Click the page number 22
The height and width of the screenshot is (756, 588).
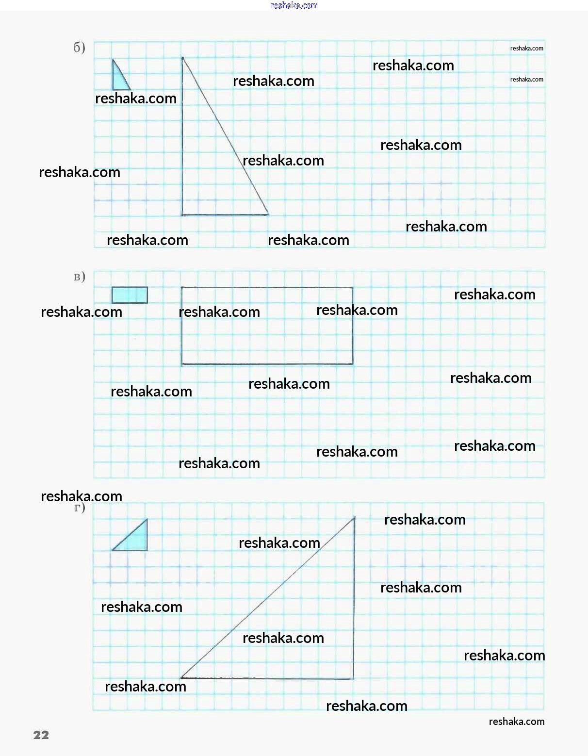(x=41, y=735)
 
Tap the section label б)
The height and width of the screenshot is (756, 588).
(x=79, y=47)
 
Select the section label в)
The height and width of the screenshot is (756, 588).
(x=79, y=277)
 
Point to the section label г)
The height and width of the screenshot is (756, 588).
(x=80, y=508)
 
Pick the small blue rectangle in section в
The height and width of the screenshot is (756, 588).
(x=130, y=295)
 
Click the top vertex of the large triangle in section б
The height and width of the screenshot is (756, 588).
(x=183, y=58)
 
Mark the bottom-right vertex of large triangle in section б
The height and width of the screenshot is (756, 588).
(x=268, y=214)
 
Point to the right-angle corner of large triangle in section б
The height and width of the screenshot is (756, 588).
(x=182, y=214)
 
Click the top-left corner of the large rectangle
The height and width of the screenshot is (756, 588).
(x=182, y=288)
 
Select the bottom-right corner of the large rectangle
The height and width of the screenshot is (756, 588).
(x=353, y=364)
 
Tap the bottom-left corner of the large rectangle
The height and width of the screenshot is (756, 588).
(x=182, y=364)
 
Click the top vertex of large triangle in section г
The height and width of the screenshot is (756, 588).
(x=354, y=518)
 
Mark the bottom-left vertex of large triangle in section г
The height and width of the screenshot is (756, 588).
(x=181, y=678)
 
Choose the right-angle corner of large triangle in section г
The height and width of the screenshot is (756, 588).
(x=353, y=678)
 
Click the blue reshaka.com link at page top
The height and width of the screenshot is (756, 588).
(x=294, y=5)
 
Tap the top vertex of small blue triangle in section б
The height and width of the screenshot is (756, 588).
(x=113, y=60)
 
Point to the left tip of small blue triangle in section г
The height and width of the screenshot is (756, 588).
(x=113, y=550)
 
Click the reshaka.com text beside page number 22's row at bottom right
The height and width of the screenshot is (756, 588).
(x=516, y=722)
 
